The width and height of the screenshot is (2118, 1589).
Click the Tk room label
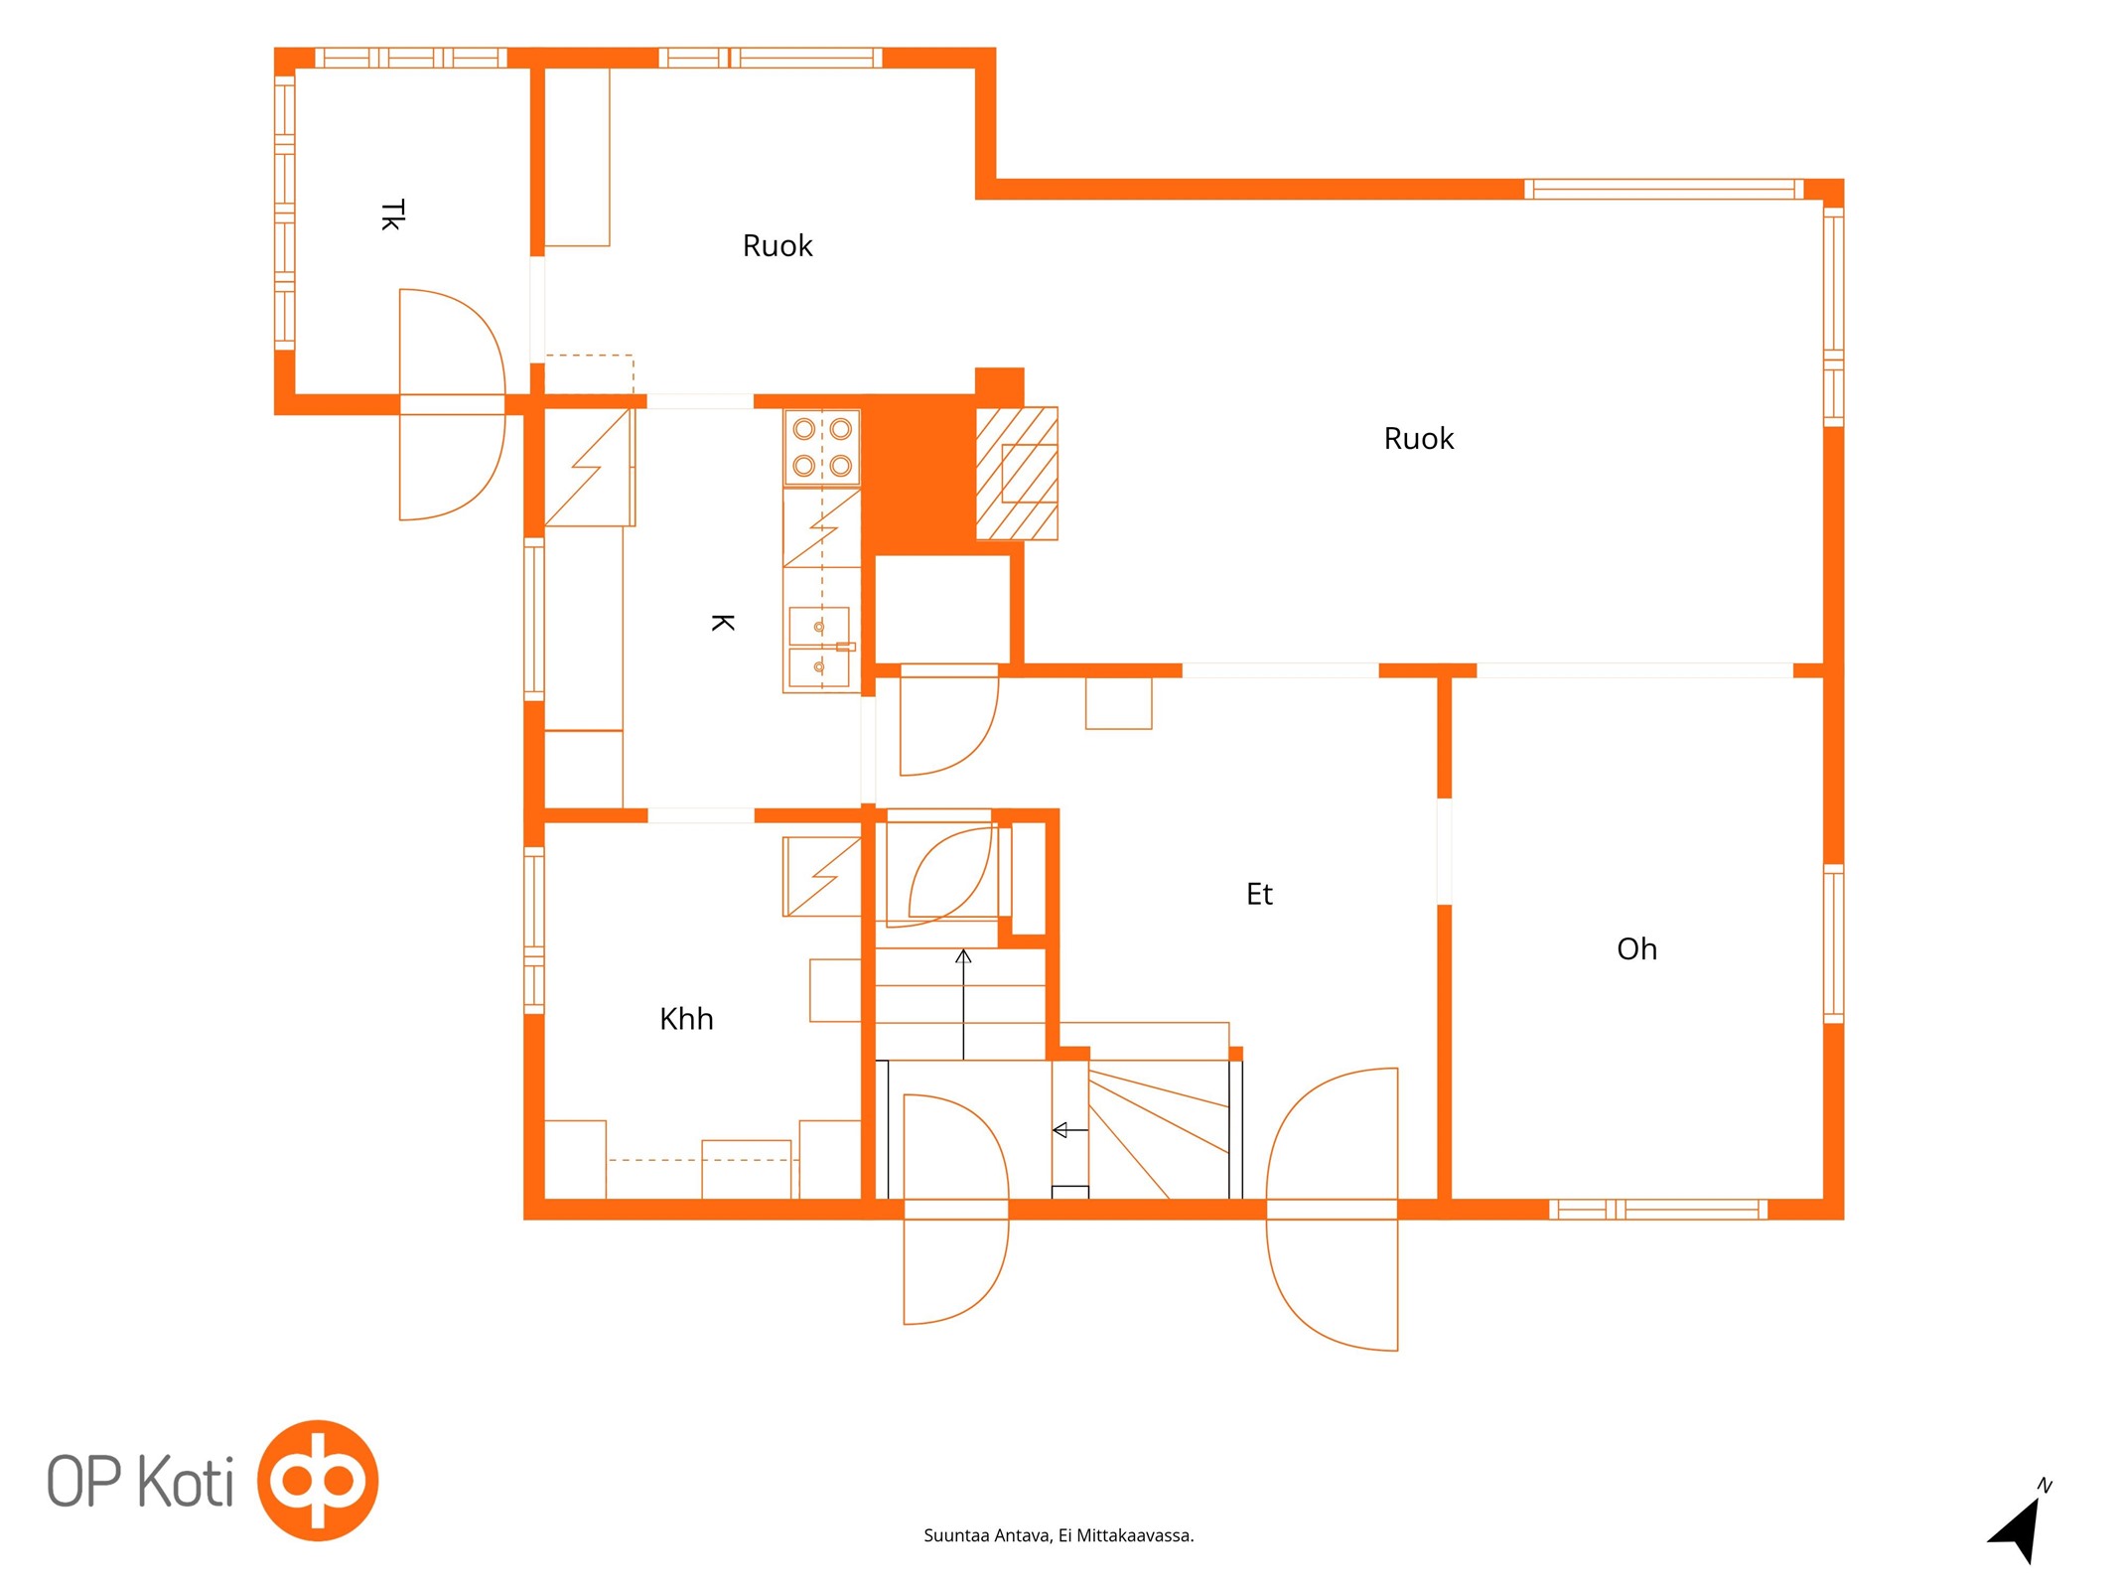click(x=393, y=216)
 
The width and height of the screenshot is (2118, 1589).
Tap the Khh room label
click(x=686, y=1019)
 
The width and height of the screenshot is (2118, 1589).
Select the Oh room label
click(x=1636, y=949)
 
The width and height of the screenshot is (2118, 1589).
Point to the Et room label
click(x=1259, y=894)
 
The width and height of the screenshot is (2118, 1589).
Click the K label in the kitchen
click(x=723, y=623)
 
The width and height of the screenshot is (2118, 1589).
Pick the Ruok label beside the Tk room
click(x=777, y=245)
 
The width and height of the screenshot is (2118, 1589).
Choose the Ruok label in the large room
click(x=1419, y=438)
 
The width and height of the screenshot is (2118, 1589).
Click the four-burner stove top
click(x=822, y=448)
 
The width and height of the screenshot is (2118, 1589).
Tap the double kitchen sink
click(x=820, y=648)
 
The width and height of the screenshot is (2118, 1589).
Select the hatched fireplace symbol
click(x=1017, y=474)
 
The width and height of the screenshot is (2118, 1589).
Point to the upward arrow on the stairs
click(x=963, y=1004)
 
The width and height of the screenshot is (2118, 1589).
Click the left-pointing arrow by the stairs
click(x=1070, y=1130)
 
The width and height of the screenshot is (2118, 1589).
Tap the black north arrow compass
click(x=2022, y=1526)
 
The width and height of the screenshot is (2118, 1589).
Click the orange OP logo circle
click(x=318, y=1481)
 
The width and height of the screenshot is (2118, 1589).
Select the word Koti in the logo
click(x=186, y=1481)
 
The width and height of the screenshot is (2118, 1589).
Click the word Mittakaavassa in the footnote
click(x=1135, y=1535)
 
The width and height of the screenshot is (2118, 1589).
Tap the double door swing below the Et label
click(x=1333, y=1209)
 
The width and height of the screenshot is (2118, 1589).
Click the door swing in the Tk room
click(x=453, y=404)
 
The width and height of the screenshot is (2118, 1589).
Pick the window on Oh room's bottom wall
click(x=1658, y=1209)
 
